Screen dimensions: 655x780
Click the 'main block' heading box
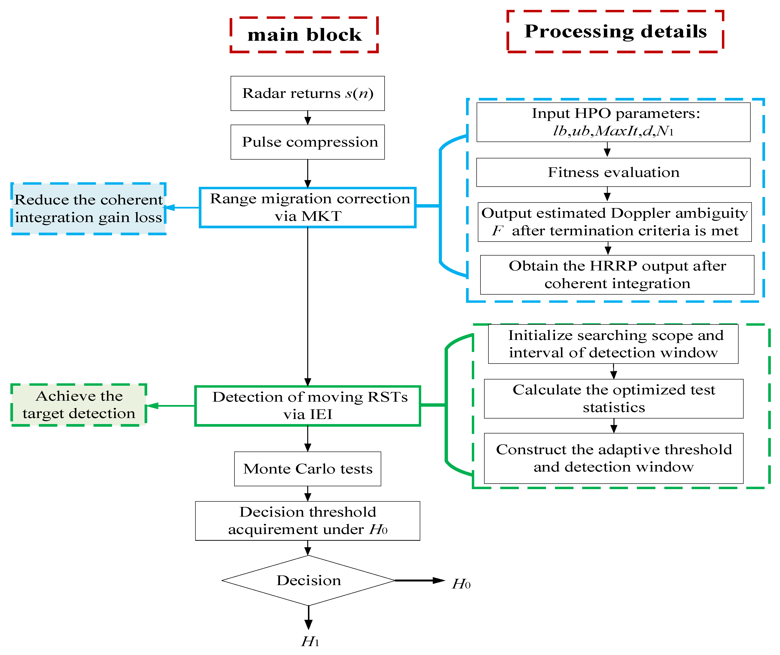[x=304, y=34]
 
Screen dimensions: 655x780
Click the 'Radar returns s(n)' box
[x=307, y=93]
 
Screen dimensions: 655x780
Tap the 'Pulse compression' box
[x=307, y=142]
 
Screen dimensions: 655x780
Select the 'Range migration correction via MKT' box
[x=307, y=207]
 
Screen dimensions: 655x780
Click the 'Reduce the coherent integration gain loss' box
[x=88, y=209]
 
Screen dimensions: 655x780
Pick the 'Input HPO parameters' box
[x=613, y=122]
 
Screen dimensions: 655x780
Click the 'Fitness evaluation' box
[x=613, y=172]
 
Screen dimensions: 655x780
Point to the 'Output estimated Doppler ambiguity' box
[x=614, y=222]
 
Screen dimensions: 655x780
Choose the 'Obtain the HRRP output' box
[x=617, y=275]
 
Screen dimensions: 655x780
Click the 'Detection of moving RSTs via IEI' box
[x=307, y=406]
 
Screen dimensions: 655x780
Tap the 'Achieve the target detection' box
[x=79, y=405]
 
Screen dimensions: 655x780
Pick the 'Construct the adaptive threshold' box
[x=613, y=458]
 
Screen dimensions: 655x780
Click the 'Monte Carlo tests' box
[x=307, y=469]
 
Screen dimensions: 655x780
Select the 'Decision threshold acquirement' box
[x=307, y=520]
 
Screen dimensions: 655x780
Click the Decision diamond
[x=308, y=580]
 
